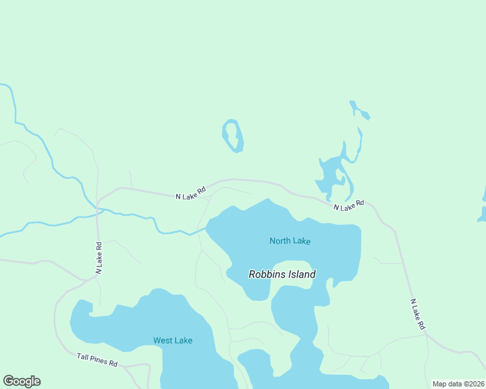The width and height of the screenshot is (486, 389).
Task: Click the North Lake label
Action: pos(290,241)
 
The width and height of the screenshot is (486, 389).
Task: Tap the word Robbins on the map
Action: pos(266,274)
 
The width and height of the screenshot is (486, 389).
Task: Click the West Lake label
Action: pos(173,340)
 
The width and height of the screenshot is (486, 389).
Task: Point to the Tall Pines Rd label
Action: pos(97,360)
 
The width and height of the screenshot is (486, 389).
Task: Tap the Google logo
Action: pos(21,381)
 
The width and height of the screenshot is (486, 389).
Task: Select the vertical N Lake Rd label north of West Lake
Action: pos(99,258)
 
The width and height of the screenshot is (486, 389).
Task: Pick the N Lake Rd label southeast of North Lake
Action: pos(417,314)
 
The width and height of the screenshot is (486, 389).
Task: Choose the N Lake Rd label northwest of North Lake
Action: pos(191,193)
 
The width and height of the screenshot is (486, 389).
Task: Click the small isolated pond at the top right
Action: pos(359,111)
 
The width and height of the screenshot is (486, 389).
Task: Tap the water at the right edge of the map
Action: pos(482,214)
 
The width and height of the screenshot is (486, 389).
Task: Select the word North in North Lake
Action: pos(280,241)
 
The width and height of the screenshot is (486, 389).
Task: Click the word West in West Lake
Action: pos(162,340)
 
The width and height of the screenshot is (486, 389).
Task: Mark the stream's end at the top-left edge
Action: pos(2,85)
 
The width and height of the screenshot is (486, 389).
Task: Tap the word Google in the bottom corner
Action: pos(21,381)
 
